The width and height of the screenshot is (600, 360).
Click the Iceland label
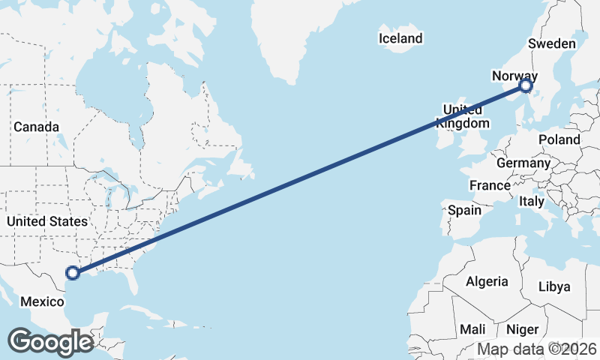[400, 38]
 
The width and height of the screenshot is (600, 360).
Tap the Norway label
[514, 75]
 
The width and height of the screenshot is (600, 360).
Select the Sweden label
[551, 43]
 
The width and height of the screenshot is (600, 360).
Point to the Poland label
[559, 139]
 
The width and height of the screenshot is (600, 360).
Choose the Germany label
[523, 163]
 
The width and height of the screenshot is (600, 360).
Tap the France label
[490, 185]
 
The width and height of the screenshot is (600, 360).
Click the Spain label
[464, 210]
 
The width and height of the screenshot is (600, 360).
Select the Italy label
[532, 202]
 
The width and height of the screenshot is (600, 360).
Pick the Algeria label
[487, 282]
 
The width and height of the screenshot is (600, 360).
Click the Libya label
[555, 286]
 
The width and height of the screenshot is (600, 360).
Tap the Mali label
[472, 329]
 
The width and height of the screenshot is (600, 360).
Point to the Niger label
[522, 329]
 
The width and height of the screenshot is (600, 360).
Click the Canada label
[36, 127]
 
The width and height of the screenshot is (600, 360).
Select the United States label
[46, 221]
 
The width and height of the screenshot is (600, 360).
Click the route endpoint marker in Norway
[526, 87]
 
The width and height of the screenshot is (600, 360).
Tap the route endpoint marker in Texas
[73, 273]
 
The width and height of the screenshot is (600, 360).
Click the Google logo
[50, 342]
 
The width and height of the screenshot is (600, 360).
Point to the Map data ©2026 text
[536, 349]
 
